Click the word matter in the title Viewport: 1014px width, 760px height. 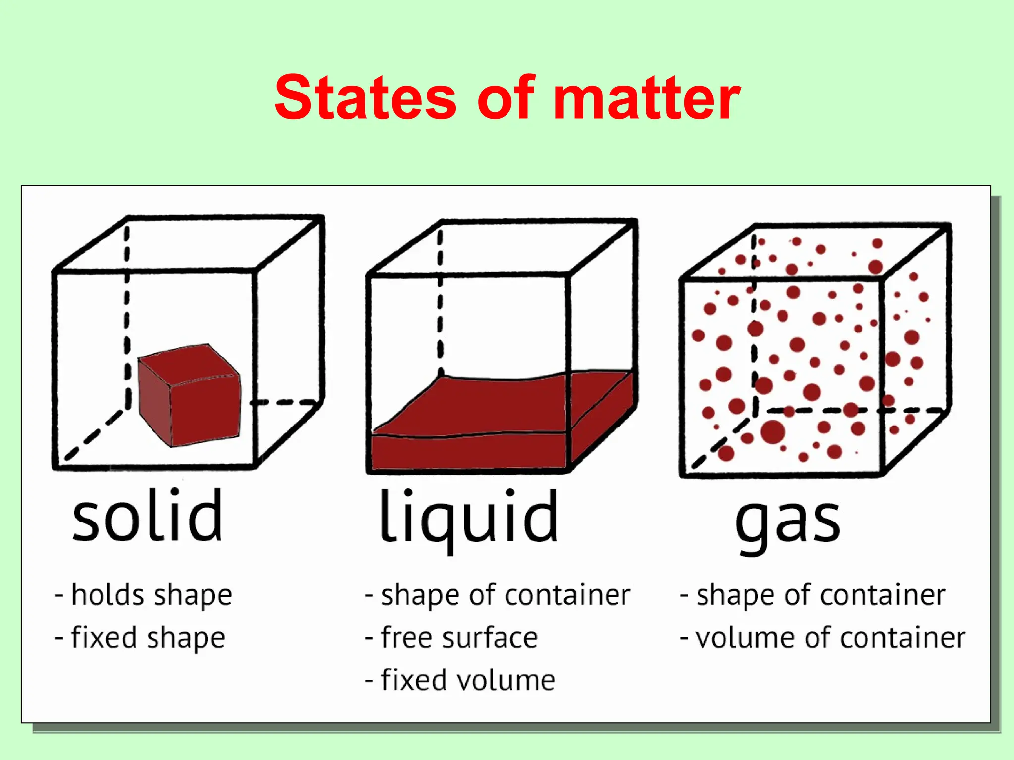coord(646,97)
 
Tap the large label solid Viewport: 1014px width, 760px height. coord(148,516)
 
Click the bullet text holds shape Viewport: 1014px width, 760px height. coord(151,595)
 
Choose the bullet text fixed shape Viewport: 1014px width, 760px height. coord(148,637)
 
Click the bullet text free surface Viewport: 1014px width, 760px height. coord(458,637)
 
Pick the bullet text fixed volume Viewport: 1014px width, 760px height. coord(467,680)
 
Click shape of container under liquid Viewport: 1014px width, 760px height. coord(505,595)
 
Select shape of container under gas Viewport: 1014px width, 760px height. coord(820,595)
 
